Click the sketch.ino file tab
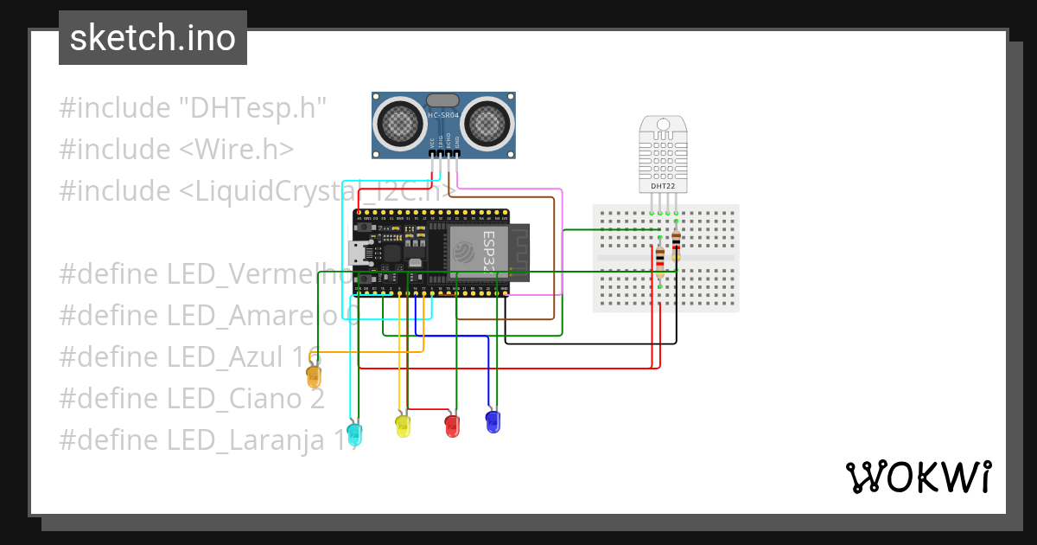152,38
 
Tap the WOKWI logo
918,478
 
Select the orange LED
314,377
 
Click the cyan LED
354,432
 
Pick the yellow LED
403,426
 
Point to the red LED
452,426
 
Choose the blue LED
493,422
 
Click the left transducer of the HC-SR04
400,123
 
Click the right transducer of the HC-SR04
487,123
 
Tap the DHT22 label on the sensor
663,186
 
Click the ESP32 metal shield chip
476,251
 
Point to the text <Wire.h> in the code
237,150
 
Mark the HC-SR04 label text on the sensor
443,115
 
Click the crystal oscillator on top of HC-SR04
443,100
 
